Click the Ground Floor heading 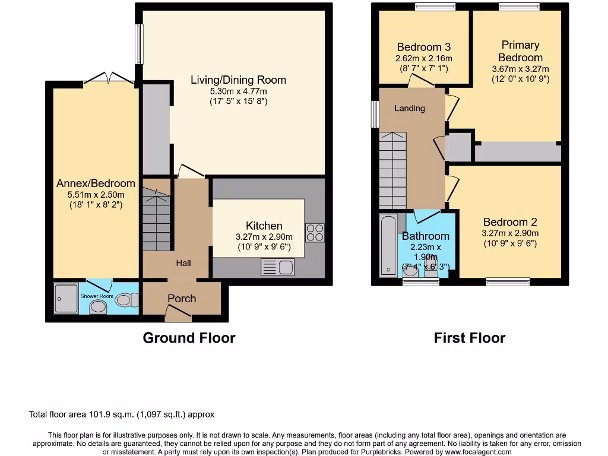[x=189, y=338]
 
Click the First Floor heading [x=469, y=338]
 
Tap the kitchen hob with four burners [x=314, y=232]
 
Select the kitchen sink [x=277, y=268]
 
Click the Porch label [x=182, y=298]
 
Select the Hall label [x=183, y=263]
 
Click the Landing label [x=410, y=108]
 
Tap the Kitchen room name [x=264, y=226]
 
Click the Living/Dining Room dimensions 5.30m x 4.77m [x=238, y=91]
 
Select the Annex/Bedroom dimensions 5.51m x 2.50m [x=96, y=195]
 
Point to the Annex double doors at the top [x=109, y=78]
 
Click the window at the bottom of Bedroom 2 [x=508, y=281]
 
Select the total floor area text [x=122, y=414]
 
